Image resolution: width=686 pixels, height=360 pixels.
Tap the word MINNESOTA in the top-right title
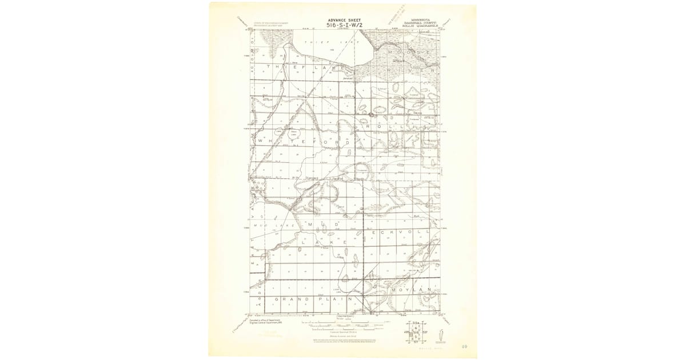(419, 18)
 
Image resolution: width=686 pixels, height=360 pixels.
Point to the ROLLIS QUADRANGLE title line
(419, 25)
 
